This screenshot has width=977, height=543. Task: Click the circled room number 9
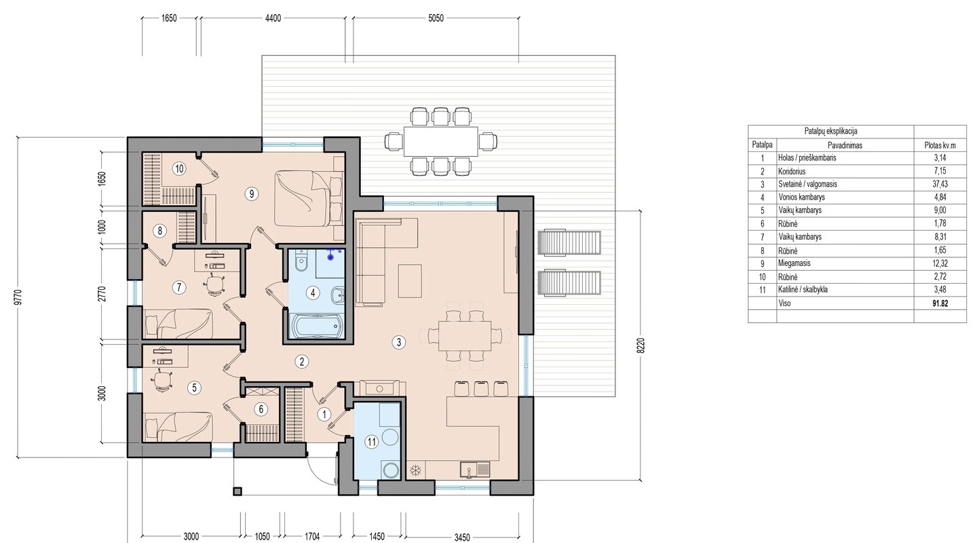click(x=251, y=193)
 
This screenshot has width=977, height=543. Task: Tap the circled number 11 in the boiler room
click(x=371, y=442)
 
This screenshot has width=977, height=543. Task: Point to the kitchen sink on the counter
click(x=475, y=470)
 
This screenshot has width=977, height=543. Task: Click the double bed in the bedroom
click(x=309, y=198)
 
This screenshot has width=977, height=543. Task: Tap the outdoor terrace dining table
click(x=440, y=141)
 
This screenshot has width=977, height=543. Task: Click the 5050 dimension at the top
click(x=436, y=18)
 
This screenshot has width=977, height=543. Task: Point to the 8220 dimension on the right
click(x=640, y=345)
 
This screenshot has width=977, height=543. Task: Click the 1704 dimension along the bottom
click(x=312, y=536)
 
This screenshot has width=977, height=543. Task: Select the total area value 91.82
click(x=940, y=303)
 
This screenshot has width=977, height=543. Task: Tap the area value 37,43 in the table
click(x=940, y=184)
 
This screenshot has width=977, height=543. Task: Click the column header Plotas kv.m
click(x=940, y=145)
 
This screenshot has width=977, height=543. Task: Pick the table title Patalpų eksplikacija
click(x=831, y=131)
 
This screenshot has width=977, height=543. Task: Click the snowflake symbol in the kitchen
click(x=416, y=471)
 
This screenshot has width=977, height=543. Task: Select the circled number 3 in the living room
click(x=399, y=342)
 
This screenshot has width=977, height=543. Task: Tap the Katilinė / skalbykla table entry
click(x=803, y=290)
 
